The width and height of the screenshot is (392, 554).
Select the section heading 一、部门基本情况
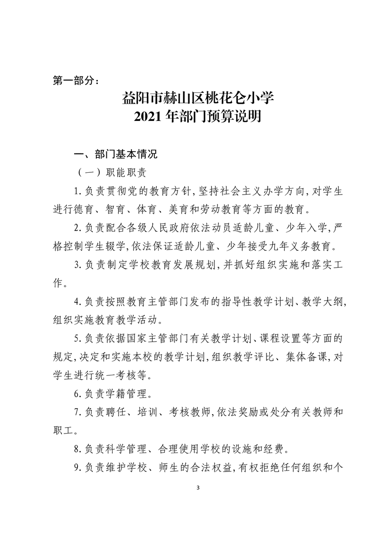pos(115,155)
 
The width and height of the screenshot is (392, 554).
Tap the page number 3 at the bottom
pos(197,488)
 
